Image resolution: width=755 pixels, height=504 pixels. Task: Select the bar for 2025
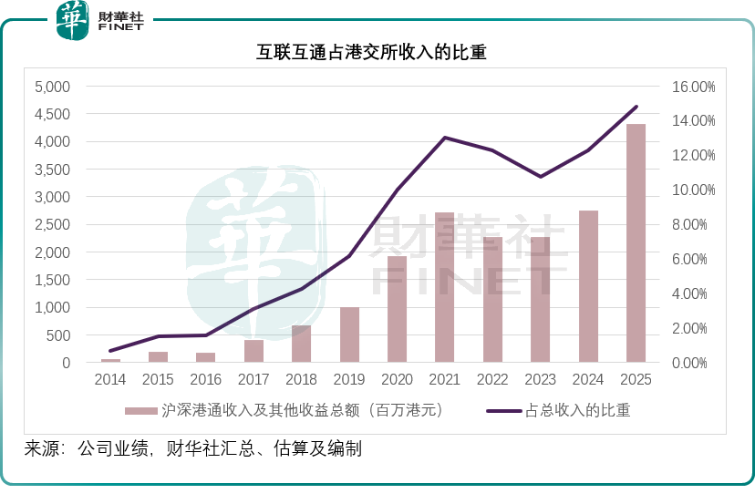point(636,242)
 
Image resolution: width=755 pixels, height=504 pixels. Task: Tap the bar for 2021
point(445,287)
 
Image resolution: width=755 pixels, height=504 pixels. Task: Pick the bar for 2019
point(349,334)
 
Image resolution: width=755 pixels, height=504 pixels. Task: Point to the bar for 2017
point(253,351)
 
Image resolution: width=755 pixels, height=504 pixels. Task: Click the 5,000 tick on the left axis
point(52,87)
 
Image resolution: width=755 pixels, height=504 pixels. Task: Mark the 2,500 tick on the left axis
point(52,224)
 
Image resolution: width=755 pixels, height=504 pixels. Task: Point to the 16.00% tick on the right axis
point(695,87)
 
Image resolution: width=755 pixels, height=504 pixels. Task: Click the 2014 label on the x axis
point(110,378)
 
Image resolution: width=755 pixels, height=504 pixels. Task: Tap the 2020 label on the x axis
point(397,378)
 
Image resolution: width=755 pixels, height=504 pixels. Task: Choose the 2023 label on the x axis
point(540,378)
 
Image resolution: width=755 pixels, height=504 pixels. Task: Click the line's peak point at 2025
point(636,107)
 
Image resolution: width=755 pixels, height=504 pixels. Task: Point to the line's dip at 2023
point(540,177)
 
